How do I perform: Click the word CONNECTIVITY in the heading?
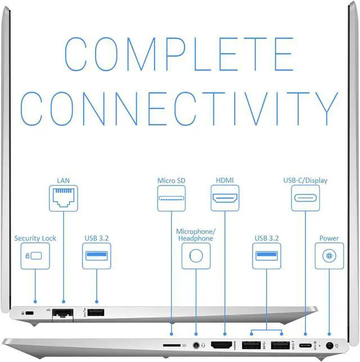point(179,108)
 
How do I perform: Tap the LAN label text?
point(64,181)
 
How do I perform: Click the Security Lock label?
point(35,238)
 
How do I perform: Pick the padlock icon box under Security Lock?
point(35,256)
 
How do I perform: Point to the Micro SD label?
point(172,181)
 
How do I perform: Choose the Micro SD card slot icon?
point(172,198)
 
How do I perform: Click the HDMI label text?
point(224,181)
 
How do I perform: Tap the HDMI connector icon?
point(224,198)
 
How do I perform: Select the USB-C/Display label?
point(305,181)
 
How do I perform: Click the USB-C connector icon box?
point(305,198)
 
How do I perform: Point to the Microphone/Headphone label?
point(196,235)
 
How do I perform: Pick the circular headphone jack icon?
point(196,256)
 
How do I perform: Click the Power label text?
point(328,238)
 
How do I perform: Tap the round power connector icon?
point(328,256)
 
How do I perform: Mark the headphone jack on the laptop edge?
point(196,345)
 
